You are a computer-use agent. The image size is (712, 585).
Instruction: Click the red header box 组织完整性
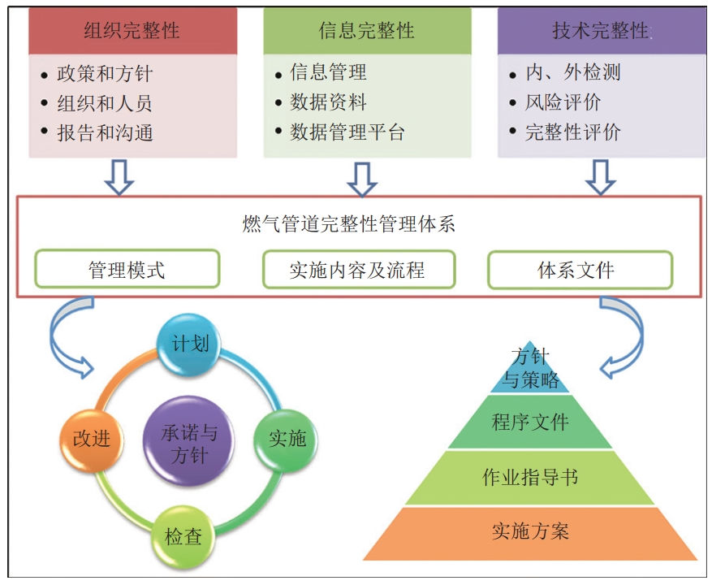point(132,31)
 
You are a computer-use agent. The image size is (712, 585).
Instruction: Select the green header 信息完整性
point(367,31)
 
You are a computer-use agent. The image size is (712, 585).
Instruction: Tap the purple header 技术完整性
point(601,31)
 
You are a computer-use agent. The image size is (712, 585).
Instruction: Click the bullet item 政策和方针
point(105,75)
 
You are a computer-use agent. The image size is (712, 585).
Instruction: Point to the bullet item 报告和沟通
point(105,133)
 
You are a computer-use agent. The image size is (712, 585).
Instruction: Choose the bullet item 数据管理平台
point(347,132)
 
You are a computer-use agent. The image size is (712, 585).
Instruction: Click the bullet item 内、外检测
point(573,73)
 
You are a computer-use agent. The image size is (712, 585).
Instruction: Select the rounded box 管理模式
point(127,269)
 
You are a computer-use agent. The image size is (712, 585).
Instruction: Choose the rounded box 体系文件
point(579,269)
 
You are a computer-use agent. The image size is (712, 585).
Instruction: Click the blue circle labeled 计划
point(191,344)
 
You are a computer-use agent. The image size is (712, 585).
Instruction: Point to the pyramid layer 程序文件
point(530,422)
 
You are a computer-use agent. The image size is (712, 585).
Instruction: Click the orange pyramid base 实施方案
point(530,531)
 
